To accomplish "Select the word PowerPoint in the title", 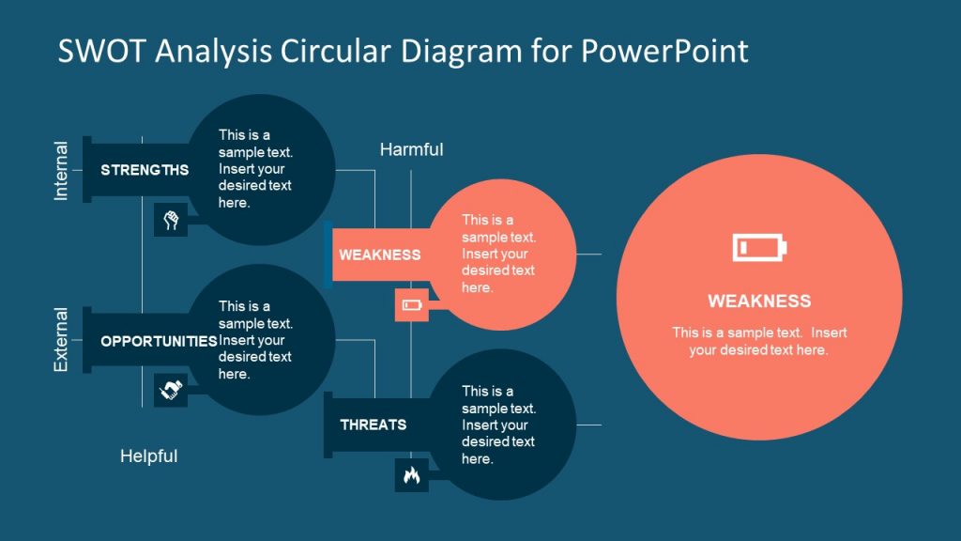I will tap(664, 51).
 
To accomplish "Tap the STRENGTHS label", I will tap(145, 170).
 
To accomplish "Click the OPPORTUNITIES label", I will tap(159, 341).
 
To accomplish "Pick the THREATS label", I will tap(373, 425).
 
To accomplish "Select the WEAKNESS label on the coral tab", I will tap(379, 255).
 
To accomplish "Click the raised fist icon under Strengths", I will tap(171, 221).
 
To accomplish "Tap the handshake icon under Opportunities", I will tap(171, 391).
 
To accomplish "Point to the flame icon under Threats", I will tap(411, 475).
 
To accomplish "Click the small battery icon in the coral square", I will tap(412, 305).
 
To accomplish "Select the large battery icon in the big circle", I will tap(759, 248).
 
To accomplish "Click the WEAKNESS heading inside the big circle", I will tap(759, 301).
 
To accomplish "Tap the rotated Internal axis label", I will tap(61, 171).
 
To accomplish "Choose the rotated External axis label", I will tap(61, 340).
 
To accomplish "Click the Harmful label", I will tap(411, 149).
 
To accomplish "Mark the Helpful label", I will tap(148, 456).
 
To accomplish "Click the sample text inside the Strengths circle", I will tap(255, 169).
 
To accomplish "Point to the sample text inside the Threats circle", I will tap(498, 425).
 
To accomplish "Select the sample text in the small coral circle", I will tap(498, 254).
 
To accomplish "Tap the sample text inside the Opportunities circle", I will tap(255, 340).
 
